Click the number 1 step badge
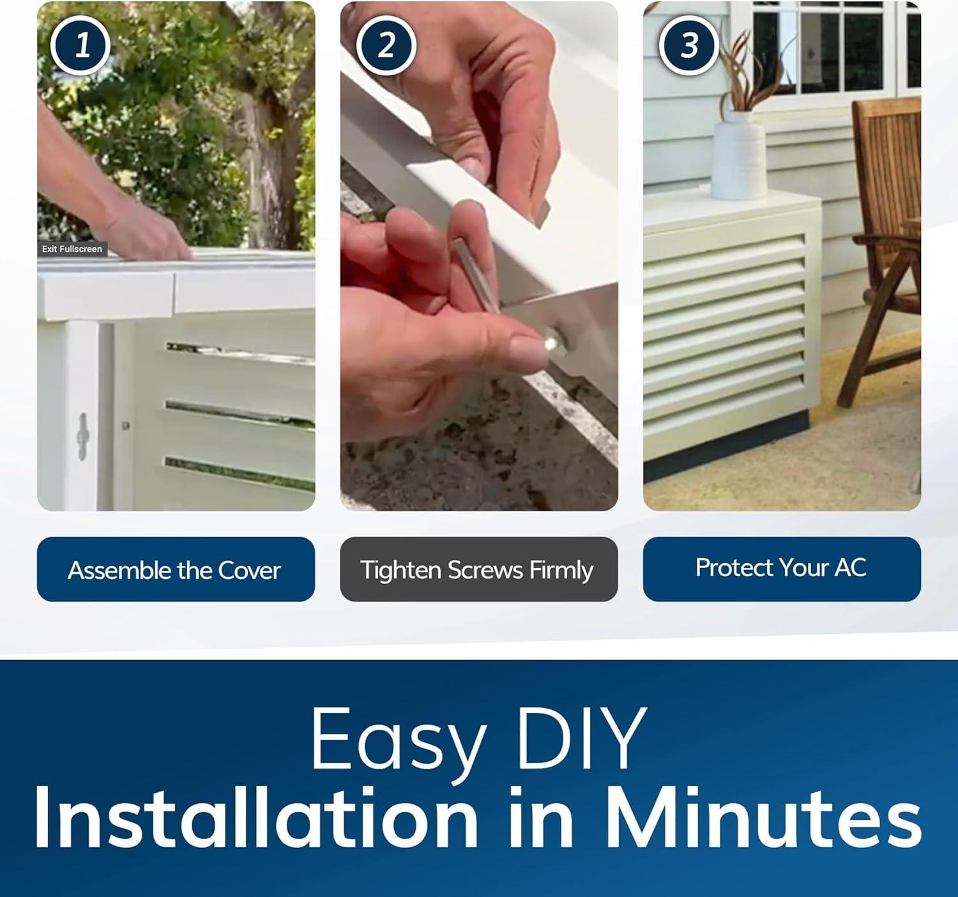click(x=80, y=46)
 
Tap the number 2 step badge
click(x=385, y=46)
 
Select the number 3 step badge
click(x=688, y=46)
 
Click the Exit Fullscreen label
click(x=72, y=249)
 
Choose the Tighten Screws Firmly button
click(x=478, y=569)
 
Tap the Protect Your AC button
click(x=782, y=569)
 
